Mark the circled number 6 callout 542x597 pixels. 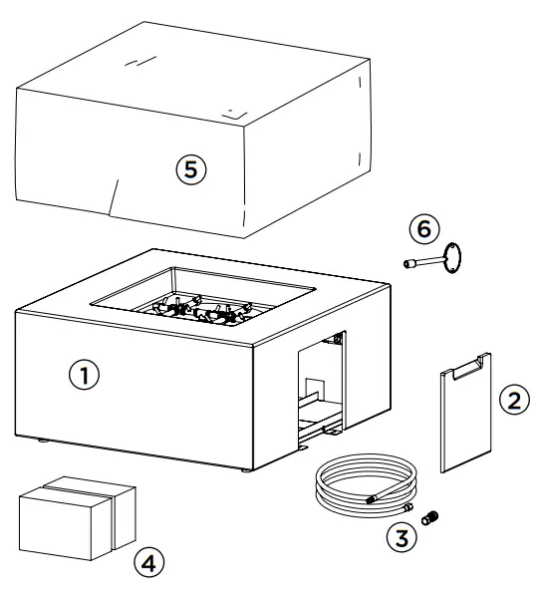[422, 228]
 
